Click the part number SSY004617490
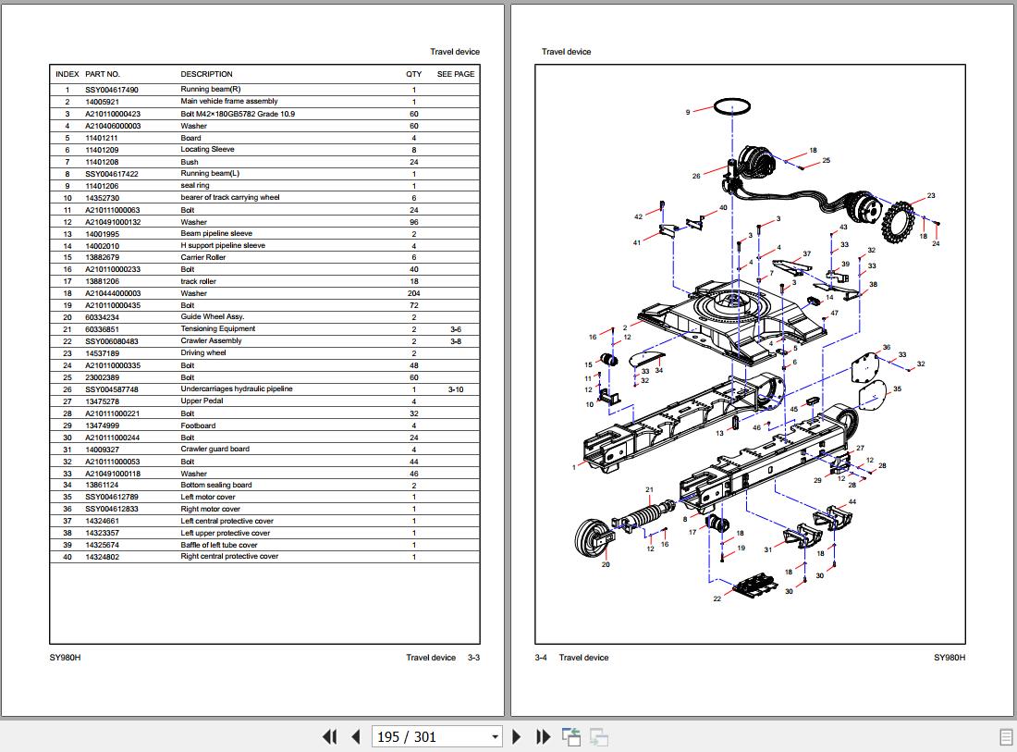click(x=112, y=90)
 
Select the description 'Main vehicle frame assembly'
click(x=229, y=102)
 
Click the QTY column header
click(x=413, y=74)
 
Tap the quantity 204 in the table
click(x=413, y=293)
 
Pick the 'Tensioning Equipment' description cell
click(x=217, y=329)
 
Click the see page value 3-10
click(x=456, y=389)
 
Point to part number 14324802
click(x=102, y=557)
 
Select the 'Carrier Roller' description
click(x=202, y=257)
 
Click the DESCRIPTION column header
click(x=206, y=74)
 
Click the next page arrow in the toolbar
click(x=517, y=736)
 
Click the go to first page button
click(x=329, y=736)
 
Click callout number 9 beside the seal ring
click(x=688, y=112)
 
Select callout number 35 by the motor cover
click(x=896, y=389)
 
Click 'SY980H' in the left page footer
click(x=65, y=658)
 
